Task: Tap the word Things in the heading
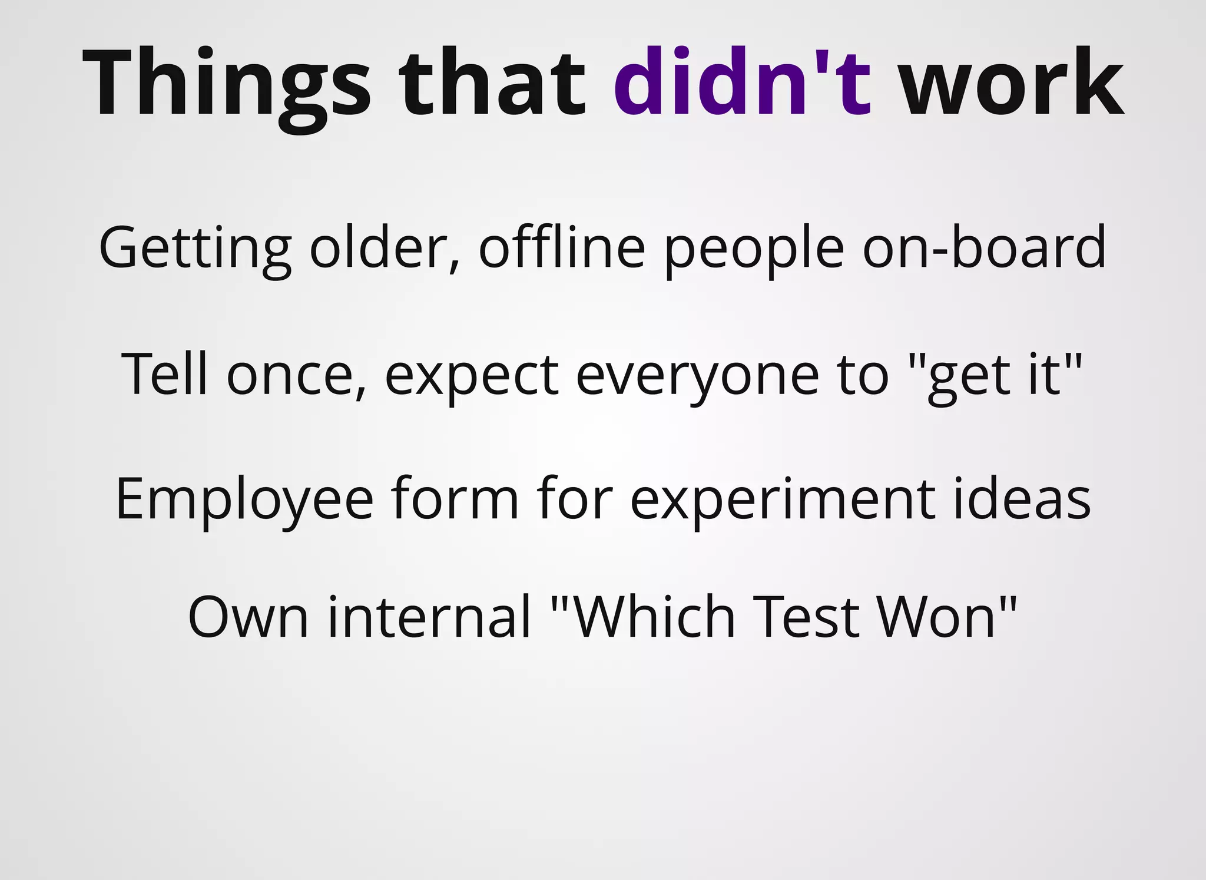[x=227, y=82]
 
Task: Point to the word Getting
[x=195, y=247]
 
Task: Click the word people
[x=754, y=247]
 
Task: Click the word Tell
[x=164, y=373]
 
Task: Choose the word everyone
[x=697, y=375]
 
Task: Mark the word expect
[x=471, y=375]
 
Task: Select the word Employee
[x=244, y=499]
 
